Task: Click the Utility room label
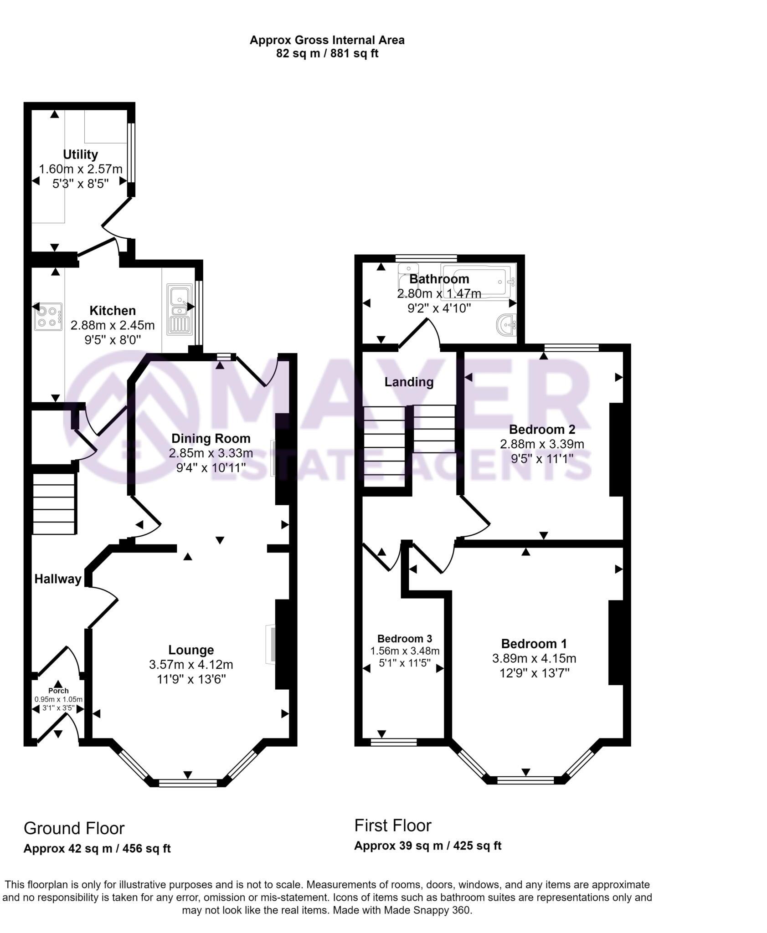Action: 80,154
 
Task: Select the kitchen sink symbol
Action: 180,309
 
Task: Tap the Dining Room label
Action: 211,438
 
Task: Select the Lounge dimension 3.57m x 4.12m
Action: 191,665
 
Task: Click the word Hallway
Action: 58,579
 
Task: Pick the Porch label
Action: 58,691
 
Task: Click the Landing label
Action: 409,382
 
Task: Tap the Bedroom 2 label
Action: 542,429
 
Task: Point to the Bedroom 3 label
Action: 404,639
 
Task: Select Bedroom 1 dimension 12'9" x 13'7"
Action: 534,673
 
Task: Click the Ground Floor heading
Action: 74,828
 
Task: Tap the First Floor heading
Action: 392,825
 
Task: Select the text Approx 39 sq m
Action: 398,846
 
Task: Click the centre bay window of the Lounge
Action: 188,783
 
